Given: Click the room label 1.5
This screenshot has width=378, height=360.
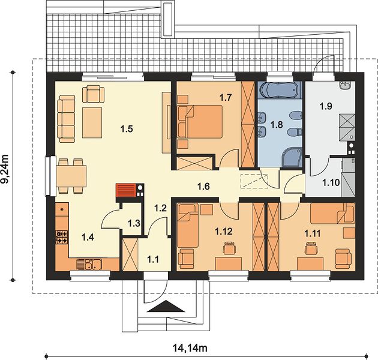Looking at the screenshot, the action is point(127,129).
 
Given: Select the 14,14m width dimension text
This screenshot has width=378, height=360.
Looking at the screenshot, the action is point(190,348).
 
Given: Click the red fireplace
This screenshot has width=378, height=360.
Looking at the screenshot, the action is point(126,190).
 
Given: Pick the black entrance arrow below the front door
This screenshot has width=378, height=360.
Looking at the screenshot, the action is point(166,307).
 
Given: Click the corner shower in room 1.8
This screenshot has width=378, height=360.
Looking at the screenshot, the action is point(292,157).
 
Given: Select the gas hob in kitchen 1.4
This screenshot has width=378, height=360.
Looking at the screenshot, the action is point(62,237).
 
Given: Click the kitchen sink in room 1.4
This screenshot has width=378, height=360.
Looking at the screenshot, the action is point(89,264).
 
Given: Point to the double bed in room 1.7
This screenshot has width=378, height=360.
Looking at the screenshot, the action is point(200,122).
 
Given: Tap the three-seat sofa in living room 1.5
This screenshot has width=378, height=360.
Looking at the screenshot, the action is point(66,119).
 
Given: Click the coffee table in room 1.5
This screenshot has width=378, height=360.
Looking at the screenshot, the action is point(92,123).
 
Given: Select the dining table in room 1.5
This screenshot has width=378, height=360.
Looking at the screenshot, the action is point(71,176).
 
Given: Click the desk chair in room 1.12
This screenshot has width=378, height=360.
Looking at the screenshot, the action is point(229,248).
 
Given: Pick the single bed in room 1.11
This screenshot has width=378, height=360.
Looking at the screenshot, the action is point(332,214).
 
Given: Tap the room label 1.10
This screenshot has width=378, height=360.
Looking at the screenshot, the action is point(331,182).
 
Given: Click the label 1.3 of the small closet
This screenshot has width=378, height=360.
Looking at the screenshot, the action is point(134,223).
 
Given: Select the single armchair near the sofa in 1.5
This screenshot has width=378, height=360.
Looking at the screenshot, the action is point(93,94).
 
